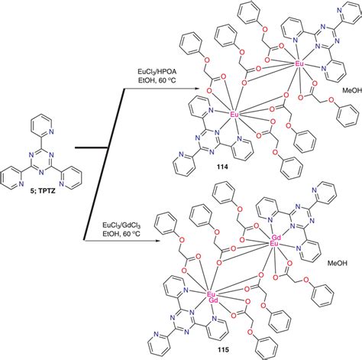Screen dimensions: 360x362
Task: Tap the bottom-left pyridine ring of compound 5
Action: (x=13, y=180)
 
